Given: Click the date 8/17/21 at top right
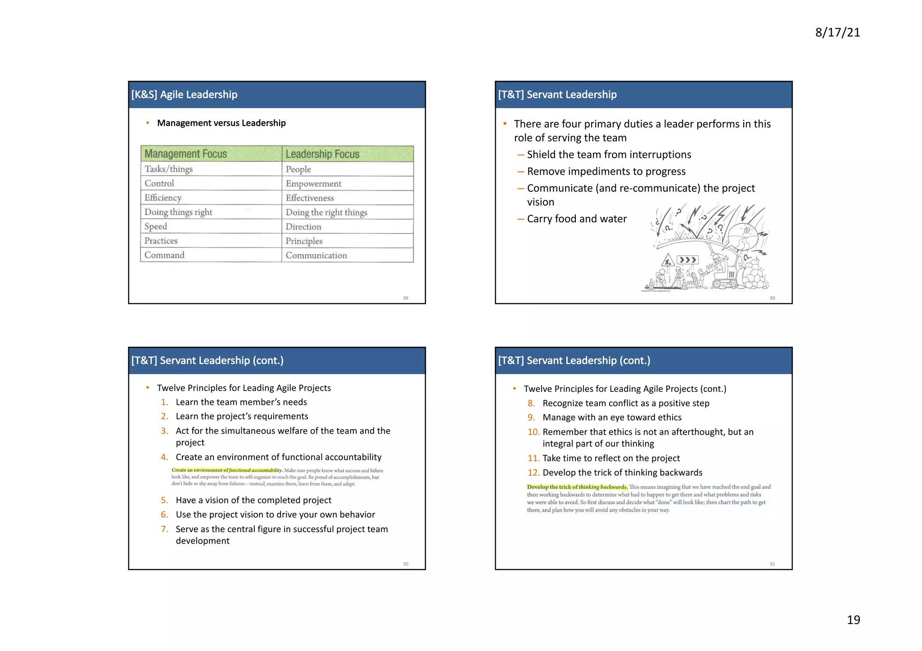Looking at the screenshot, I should click(837, 32).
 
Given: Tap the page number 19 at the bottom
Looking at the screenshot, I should click(853, 620).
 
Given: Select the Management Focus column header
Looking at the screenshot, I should click(185, 154).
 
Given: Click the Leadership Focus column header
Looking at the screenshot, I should click(322, 154).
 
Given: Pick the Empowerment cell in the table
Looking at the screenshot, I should click(313, 184).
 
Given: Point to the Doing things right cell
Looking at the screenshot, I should click(178, 212).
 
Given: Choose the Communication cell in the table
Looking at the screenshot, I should click(316, 255).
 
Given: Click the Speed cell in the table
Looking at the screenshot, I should click(156, 226).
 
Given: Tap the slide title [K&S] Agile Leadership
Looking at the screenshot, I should click(184, 94).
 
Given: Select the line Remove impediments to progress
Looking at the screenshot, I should click(606, 171).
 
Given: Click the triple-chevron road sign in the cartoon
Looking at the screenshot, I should click(687, 260).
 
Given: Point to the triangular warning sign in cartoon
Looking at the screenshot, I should click(668, 261).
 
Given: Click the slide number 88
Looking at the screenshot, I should click(406, 298).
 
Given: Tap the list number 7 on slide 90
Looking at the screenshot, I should click(164, 529).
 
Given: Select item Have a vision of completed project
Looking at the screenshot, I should click(253, 500).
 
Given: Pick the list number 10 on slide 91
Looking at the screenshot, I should click(533, 432).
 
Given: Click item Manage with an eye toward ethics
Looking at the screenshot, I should click(612, 418).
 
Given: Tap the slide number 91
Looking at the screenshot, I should click(772, 564).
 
